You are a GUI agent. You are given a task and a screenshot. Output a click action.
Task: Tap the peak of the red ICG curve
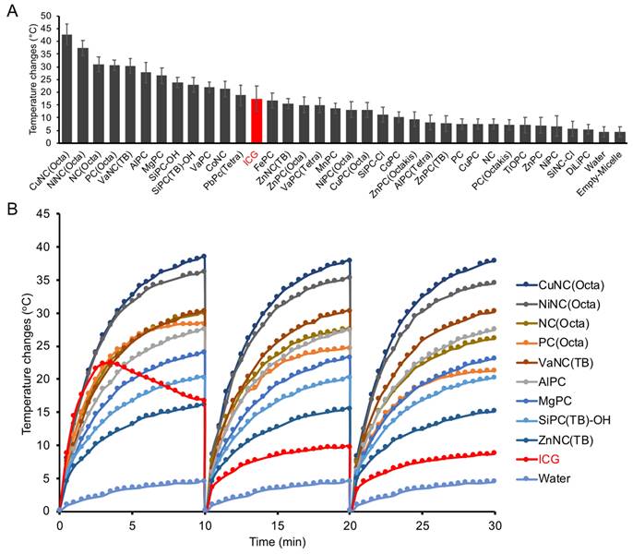[x=107, y=362]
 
